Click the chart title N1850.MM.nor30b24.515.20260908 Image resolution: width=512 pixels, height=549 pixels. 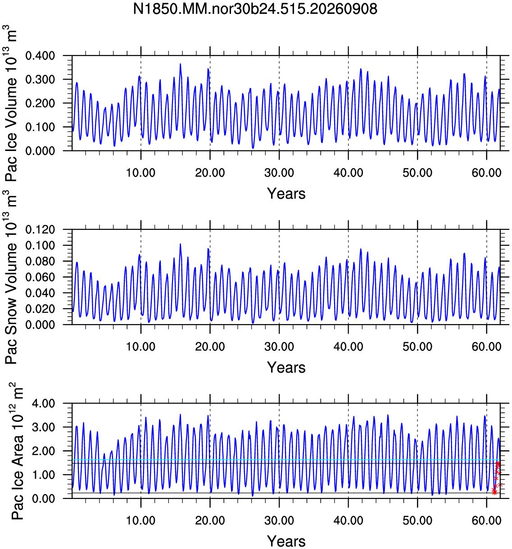[255, 9]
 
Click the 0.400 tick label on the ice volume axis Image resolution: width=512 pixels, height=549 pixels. [40, 56]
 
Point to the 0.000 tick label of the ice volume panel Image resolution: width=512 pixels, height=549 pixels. [40, 151]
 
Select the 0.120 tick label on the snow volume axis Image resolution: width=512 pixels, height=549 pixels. [40, 229]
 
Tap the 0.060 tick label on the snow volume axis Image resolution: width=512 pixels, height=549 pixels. [40, 277]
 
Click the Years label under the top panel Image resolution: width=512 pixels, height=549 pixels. [286, 193]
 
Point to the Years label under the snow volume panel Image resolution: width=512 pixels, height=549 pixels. [286, 367]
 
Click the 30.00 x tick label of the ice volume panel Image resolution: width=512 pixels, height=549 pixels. [279, 173]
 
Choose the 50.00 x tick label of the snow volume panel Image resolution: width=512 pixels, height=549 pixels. [417, 347]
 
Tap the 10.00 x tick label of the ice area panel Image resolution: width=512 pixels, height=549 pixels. [141, 521]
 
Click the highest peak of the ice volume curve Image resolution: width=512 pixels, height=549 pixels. [181, 64]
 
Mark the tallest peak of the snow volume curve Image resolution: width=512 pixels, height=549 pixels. [181, 244]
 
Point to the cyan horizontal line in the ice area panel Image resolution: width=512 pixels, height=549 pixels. [286, 460]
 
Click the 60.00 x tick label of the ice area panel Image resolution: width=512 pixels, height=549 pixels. [486, 521]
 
